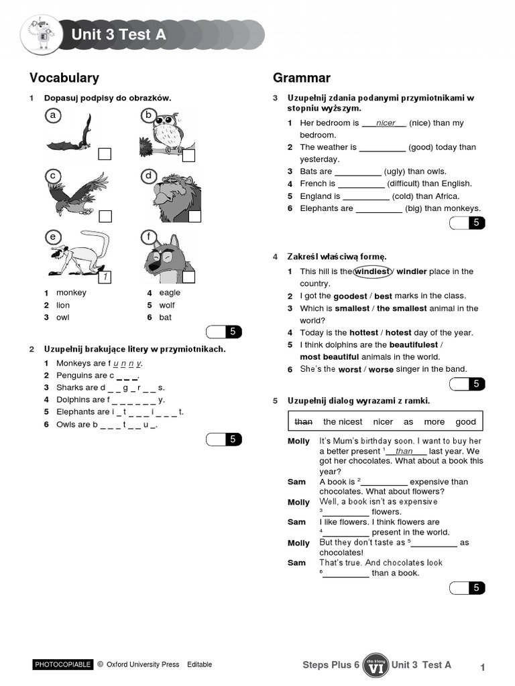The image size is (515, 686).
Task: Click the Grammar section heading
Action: pos(301,78)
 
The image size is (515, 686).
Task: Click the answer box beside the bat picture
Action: pos(105,155)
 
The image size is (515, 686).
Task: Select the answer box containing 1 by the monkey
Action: pos(105,277)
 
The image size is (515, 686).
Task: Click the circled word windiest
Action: pos(372,271)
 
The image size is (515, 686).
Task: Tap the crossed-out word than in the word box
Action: pos(304,421)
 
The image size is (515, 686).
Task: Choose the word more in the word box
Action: pos(434,421)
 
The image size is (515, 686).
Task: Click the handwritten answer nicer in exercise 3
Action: pos(386,123)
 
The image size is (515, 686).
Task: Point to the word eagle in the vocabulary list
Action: pos(170,293)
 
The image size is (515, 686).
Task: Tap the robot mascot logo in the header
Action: pos(42,36)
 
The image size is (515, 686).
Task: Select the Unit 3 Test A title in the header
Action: pos(118,35)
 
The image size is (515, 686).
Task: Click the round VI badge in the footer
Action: pos(376,665)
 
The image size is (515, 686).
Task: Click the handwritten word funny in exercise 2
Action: pos(127,363)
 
